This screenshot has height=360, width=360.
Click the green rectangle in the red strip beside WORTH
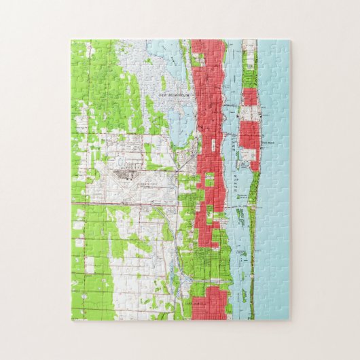(x=209, y=180)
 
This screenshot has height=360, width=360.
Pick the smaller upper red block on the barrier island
(x=250, y=97)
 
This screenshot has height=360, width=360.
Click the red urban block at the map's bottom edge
(x=208, y=303)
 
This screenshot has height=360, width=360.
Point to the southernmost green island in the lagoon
(x=244, y=296)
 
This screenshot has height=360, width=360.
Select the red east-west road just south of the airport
(x=136, y=202)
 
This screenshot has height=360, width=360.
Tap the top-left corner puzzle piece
(x=81, y=50)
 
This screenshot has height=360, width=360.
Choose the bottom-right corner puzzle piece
(x=279, y=309)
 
